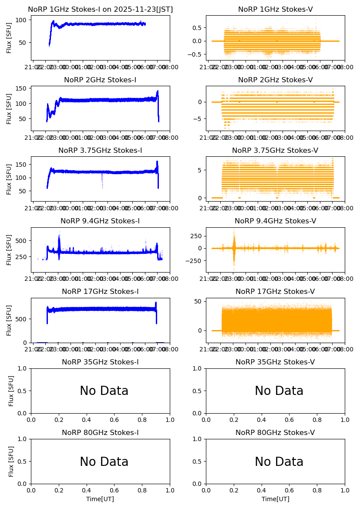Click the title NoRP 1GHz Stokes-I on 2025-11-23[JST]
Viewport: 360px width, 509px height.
pyautogui.click(x=100, y=9)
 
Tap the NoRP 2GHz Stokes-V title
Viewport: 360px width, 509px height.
pyautogui.click(x=275, y=80)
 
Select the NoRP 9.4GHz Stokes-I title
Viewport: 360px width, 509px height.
pyautogui.click(x=100, y=221)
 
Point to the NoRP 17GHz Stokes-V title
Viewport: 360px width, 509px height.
pyautogui.click(x=275, y=291)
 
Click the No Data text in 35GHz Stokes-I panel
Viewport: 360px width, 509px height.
pyautogui.click(x=104, y=391)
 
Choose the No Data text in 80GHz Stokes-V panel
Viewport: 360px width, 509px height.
pyautogui.click(x=279, y=462)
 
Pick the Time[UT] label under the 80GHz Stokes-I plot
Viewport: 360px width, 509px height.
pyautogui.click(x=100, y=499)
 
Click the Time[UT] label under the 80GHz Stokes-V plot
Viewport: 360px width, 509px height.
pyautogui.click(x=275, y=499)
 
